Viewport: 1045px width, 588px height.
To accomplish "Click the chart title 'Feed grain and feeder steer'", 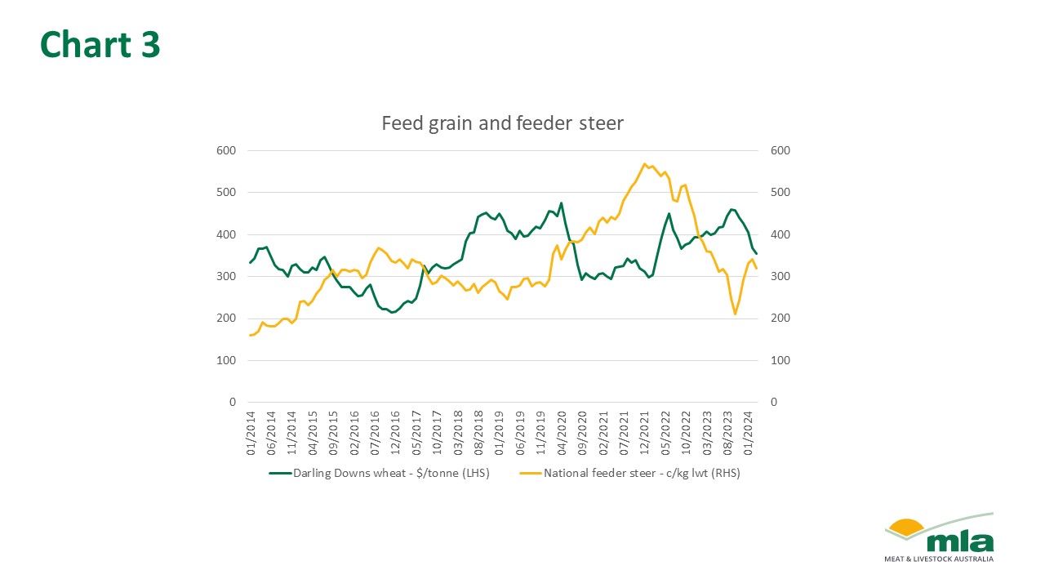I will (x=502, y=124).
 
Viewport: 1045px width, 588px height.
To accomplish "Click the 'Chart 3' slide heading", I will (x=100, y=45).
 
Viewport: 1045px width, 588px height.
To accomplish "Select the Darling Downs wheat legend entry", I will (x=382, y=473).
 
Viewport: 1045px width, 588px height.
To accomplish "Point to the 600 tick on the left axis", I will (x=226, y=151).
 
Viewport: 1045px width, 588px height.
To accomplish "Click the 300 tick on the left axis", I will (x=226, y=277).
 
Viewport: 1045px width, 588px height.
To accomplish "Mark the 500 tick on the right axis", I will (x=779, y=193).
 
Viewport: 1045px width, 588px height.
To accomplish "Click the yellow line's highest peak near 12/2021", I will (x=645, y=163).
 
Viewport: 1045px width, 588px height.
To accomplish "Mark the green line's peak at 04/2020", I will (x=561, y=203).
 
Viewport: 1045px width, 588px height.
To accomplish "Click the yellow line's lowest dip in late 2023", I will (x=735, y=314).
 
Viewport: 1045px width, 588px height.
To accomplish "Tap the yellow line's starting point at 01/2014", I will (x=250, y=335).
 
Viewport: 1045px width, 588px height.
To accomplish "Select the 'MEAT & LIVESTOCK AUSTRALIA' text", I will (x=939, y=559).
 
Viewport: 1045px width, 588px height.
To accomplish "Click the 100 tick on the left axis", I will (x=226, y=360).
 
